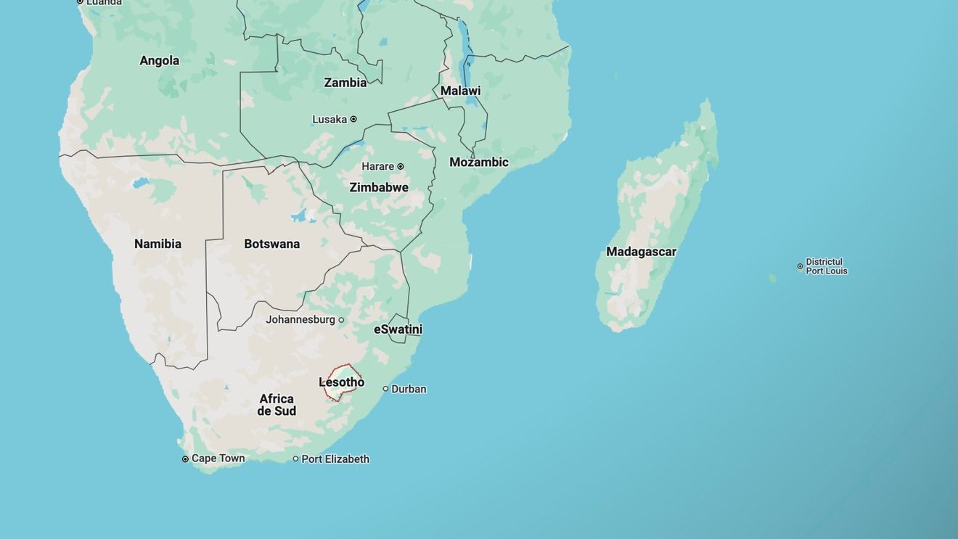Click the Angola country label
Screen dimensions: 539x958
point(159,60)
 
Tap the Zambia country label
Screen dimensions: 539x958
point(345,83)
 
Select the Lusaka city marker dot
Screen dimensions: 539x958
point(353,119)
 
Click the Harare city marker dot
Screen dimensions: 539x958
point(400,166)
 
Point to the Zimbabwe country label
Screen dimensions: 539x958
point(379,187)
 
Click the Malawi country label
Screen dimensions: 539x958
point(460,91)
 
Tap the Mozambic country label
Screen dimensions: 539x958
point(479,162)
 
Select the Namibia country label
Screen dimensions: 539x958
point(157,244)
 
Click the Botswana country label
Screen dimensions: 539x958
point(271,244)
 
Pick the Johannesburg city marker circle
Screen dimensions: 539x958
point(341,320)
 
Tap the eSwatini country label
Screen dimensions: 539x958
point(398,329)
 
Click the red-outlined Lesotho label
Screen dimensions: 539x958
point(342,382)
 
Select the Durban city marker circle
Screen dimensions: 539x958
point(385,389)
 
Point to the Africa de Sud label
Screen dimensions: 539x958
point(277,405)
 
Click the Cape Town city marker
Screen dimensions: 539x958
point(185,459)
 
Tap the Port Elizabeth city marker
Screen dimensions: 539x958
point(295,459)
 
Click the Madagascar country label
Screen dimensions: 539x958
point(641,252)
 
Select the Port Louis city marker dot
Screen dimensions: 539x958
point(801,266)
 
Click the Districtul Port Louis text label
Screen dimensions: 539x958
point(826,266)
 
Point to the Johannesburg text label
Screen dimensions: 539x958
point(300,320)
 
